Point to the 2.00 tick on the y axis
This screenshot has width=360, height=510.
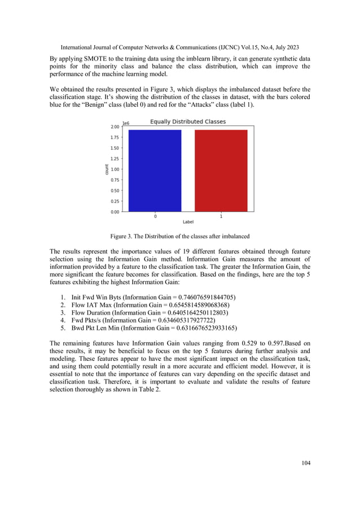[x=115, y=127]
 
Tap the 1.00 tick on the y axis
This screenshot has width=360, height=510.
[x=115, y=169]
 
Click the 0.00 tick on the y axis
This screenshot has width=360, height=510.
[x=115, y=212]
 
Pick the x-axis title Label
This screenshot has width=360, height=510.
[x=188, y=222]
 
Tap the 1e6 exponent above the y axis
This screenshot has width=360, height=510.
[x=126, y=121]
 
